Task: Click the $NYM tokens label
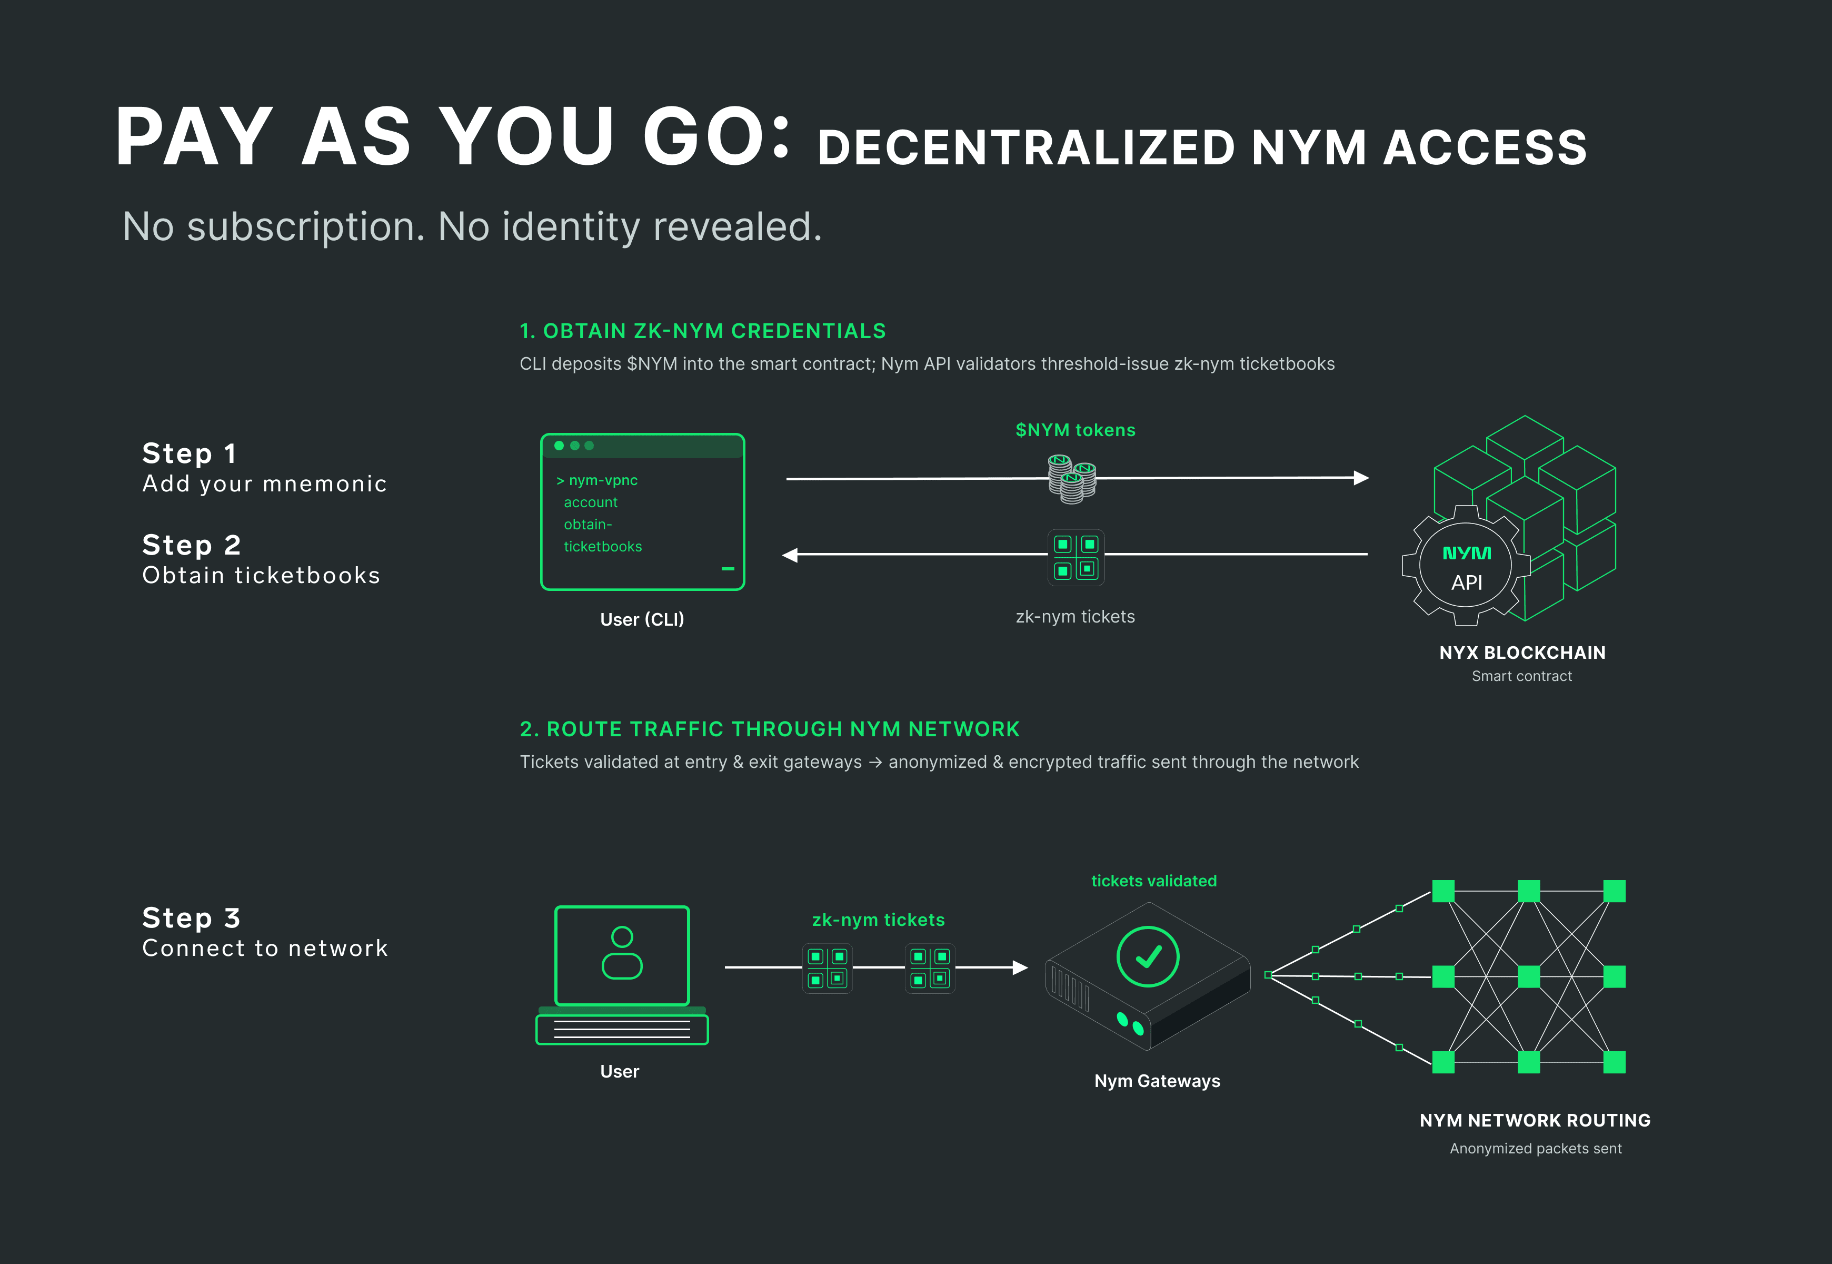[1075, 430]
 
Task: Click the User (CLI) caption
[642, 619]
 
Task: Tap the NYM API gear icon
[1466, 566]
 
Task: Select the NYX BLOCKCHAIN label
[1521, 653]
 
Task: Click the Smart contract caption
[1521, 676]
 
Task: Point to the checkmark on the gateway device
[1148, 957]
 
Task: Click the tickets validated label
[1153, 881]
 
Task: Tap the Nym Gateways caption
[1157, 1081]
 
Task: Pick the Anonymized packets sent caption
[1535, 1148]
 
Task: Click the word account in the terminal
[591, 502]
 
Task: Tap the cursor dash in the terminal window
[728, 569]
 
